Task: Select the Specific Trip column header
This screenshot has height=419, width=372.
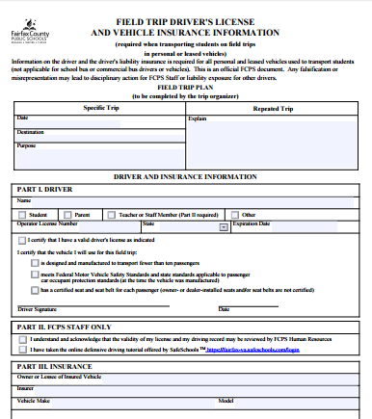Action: [101, 108]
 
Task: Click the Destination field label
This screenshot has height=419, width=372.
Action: [30, 131]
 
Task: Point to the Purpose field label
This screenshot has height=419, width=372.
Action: [27, 145]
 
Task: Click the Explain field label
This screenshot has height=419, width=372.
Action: [198, 118]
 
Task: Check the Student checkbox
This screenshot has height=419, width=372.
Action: [23, 214]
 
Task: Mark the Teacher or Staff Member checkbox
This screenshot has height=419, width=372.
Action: [111, 214]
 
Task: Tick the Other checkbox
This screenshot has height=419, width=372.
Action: [235, 214]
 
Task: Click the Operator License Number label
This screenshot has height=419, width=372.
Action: [47, 223]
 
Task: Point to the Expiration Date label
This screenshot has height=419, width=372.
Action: [252, 223]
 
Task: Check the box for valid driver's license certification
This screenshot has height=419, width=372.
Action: [23, 239]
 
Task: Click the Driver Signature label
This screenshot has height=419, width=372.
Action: [40, 309]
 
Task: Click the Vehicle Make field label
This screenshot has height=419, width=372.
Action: [34, 399]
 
